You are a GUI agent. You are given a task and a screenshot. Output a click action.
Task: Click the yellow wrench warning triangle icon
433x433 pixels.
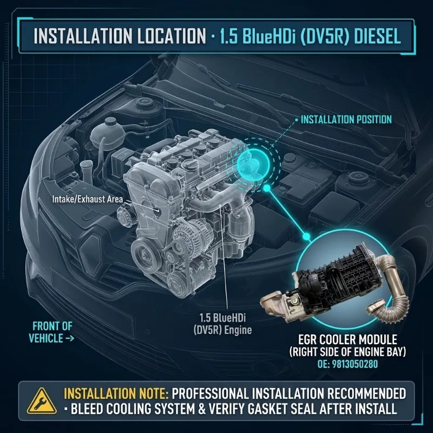42,401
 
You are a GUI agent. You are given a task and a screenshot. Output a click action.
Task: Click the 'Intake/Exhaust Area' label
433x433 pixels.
88,199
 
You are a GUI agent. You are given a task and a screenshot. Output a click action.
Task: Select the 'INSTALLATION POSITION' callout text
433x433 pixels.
346,120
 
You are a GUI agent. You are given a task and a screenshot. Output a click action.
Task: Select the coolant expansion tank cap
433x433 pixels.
110,122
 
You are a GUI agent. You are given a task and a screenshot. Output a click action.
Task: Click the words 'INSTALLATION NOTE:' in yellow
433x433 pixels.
116,394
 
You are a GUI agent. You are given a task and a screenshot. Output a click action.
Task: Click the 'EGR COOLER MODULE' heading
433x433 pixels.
347,339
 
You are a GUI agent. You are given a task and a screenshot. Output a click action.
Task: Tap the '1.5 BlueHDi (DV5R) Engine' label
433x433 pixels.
222,324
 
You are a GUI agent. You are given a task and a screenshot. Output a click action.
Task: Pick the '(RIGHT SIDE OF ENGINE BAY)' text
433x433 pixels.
347,352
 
